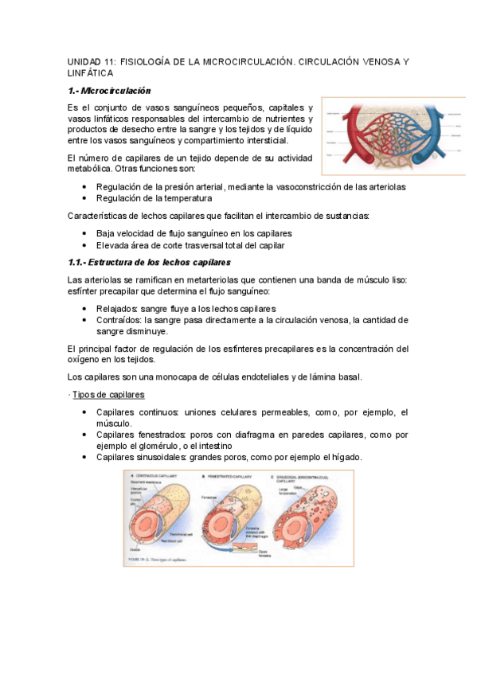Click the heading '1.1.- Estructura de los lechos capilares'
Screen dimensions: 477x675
click(149, 261)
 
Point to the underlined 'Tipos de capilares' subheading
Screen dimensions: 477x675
click(108, 395)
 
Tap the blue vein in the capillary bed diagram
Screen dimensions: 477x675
click(436, 131)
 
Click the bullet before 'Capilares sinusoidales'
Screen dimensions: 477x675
click(84, 458)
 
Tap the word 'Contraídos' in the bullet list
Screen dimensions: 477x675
click(119, 319)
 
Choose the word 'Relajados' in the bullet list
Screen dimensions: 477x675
click(119, 308)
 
